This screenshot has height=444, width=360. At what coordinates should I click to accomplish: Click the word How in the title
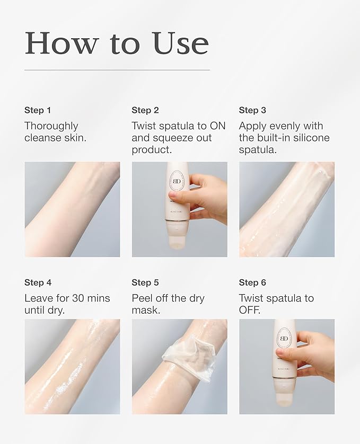point(61,43)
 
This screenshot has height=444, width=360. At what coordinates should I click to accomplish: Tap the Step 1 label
point(38,110)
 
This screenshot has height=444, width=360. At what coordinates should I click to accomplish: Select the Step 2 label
point(145,110)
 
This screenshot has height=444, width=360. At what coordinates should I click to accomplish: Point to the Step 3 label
point(252,110)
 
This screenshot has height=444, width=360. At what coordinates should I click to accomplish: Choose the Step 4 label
point(38,282)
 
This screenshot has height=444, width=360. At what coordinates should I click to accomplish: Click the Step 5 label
point(145,282)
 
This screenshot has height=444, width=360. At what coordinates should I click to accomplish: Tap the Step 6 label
point(252,282)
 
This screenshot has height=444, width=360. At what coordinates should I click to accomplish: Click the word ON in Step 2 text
point(217,126)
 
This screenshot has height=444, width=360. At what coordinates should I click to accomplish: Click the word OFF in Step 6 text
point(249,310)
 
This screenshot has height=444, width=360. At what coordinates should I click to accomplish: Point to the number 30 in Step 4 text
point(78,298)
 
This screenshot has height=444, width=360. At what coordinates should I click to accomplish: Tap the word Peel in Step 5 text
point(141,298)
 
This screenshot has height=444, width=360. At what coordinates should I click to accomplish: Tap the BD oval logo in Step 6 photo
point(284,339)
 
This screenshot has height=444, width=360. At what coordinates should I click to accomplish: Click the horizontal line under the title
point(117,70)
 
